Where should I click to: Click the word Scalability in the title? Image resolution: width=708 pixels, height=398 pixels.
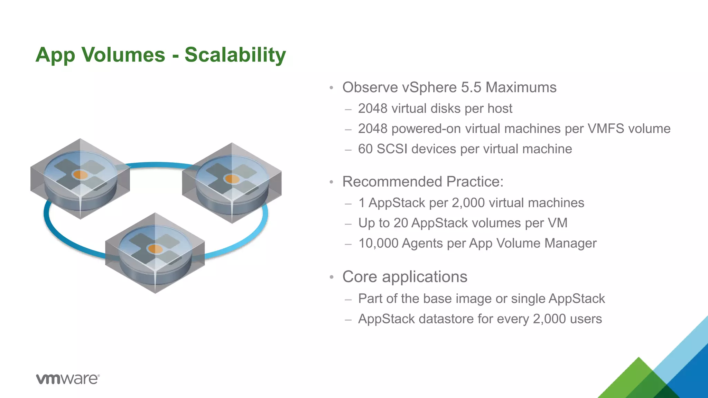[235, 55]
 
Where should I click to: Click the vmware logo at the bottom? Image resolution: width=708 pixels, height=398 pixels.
[68, 379]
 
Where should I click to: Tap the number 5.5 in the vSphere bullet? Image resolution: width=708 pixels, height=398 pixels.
[471, 87]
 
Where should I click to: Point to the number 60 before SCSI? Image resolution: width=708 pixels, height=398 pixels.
[365, 149]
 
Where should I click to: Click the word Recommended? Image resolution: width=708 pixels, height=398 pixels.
[392, 182]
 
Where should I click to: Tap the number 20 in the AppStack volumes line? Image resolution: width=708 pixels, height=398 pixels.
[401, 223]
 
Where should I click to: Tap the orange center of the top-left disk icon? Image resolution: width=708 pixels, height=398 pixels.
[81, 175]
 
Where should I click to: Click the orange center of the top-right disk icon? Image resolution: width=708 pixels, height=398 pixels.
[232, 179]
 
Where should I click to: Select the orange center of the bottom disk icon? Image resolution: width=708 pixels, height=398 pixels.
[155, 249]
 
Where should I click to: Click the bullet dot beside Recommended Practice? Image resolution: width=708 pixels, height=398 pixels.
[331, 182]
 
